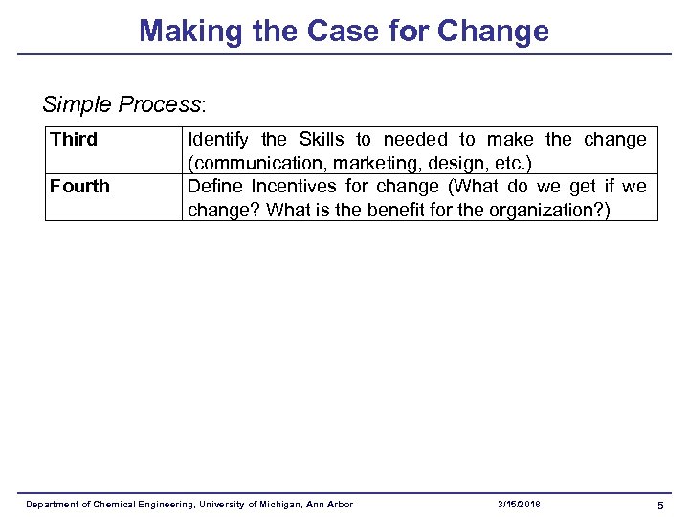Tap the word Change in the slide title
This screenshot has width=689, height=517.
(493, 32)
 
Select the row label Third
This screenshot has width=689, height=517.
(74, 140)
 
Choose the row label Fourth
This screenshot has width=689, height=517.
(79, 186)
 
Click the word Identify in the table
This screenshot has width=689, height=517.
(217, 140)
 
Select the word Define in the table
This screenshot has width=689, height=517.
(215, 186)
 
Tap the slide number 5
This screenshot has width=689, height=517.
(660, 505)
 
